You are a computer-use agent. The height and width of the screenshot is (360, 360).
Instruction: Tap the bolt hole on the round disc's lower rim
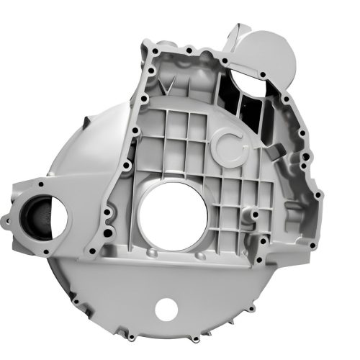(263, 73)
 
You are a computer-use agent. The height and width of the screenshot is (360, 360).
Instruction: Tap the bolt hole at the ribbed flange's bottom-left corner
(92, 251)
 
